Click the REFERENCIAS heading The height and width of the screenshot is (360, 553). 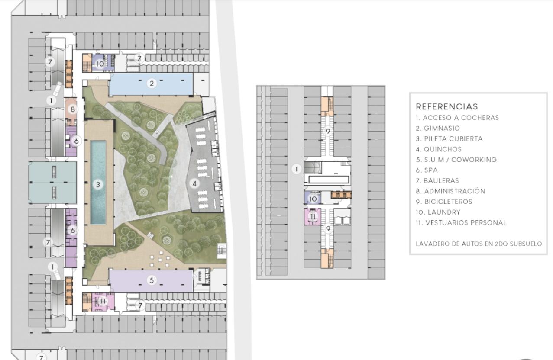coord(447,106)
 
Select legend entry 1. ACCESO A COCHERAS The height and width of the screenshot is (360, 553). coord(457,118)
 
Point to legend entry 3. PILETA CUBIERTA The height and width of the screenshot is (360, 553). coord(449,138)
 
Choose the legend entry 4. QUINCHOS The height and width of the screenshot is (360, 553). coord(439,149)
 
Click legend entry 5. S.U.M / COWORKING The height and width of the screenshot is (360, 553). coord(456,160)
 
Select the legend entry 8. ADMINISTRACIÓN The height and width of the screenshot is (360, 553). coord(450,191)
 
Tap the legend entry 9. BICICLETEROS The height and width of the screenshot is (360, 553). coord(444,202)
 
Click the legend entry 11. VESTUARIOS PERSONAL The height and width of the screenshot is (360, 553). coord(461,223)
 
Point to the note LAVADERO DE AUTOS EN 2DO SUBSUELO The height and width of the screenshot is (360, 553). coord(479,244)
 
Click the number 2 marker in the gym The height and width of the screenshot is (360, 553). coord(152,84)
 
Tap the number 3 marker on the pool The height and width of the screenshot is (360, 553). coord(98,184)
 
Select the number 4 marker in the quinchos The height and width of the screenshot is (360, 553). coord(194,183)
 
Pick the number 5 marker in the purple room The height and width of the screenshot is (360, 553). coord(152,280)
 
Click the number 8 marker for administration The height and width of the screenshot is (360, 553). coord(73,109)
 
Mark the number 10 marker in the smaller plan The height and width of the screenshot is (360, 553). coord(313,199)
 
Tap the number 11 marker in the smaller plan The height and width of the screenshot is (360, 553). coord(313,216)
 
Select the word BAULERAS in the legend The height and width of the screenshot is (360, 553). coord(441,180)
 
